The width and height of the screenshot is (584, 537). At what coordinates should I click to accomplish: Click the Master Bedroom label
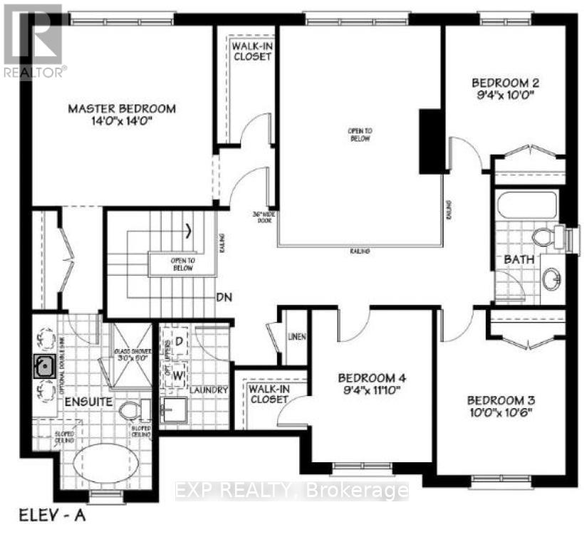121,108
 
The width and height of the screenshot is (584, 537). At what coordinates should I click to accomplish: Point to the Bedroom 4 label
372,377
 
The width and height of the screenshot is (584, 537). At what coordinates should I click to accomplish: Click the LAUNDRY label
209,390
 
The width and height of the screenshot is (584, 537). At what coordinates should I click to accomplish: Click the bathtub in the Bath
526,206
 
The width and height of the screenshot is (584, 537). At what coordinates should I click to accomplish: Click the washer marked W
179,373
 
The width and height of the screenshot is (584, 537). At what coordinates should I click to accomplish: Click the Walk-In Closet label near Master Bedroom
250,51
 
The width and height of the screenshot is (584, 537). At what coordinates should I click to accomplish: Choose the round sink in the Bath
551,278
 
